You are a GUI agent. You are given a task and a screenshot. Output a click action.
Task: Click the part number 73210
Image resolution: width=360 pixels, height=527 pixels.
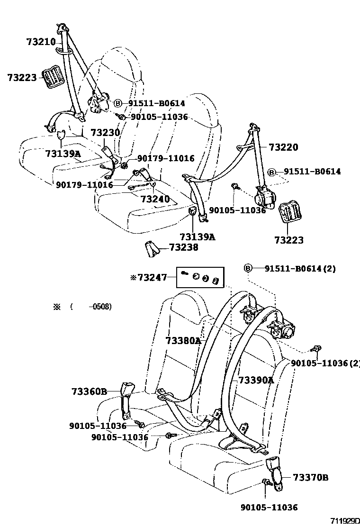tap(41, 42)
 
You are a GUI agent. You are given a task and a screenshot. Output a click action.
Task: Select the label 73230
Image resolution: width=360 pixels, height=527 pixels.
tap(105, 133)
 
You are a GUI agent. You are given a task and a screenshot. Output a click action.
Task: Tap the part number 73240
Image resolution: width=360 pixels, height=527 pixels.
tap(155, 199)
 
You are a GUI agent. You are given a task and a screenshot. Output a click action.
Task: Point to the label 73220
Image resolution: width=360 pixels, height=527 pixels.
tap(284, 147)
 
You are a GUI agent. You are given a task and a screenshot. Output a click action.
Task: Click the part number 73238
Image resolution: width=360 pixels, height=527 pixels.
tap(184, 247)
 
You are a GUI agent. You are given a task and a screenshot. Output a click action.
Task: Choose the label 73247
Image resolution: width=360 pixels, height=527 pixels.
tap(152, 277)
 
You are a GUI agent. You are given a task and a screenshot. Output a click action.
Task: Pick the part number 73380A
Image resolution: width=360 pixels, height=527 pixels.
tap(183, 340)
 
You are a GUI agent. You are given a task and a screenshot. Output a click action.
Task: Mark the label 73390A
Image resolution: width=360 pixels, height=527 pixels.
tap(256, 380)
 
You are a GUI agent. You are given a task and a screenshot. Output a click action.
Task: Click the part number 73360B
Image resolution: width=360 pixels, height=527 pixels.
tap(90, 391)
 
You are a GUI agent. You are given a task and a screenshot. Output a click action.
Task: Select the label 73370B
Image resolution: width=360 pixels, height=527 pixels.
tap(310, 477)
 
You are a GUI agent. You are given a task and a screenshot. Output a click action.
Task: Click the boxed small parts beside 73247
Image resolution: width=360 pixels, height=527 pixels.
tap(199, 277)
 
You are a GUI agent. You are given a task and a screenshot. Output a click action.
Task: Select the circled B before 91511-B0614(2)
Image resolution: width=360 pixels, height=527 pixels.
tap(248, 269)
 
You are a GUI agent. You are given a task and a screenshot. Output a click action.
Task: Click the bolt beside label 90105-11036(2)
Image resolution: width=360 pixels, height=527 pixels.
tap(315, 350)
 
